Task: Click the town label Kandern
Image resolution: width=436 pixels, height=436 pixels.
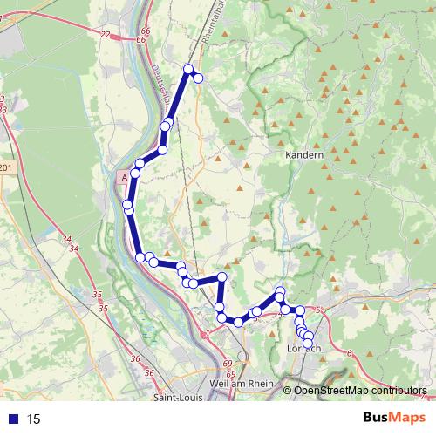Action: (304, 155)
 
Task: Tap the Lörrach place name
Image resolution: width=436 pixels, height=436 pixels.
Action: (304, 349)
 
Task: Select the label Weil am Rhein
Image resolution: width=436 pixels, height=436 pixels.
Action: (242, 383)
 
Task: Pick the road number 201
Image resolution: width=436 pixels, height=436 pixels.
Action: (8, 168)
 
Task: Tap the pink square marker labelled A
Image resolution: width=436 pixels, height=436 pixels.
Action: (124, 176)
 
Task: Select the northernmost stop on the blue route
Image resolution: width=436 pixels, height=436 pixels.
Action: (188, 68)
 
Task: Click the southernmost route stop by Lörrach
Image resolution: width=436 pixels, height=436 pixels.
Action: (307, 343)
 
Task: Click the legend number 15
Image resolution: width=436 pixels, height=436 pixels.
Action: (34, 419)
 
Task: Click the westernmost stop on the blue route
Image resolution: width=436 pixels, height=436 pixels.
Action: (128, 206)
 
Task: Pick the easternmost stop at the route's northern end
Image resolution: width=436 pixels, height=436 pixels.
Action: (198, 78)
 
